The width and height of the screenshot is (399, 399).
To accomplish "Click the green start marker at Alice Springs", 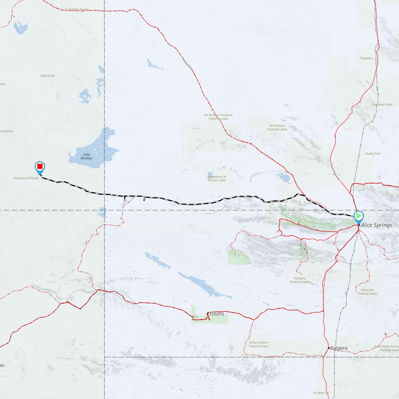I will (x=359, y=216).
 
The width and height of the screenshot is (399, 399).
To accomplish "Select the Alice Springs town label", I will (x=376, y=225).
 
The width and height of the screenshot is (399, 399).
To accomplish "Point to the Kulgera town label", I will (x=339, y=348).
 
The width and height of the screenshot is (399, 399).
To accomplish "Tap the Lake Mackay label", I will (x=86, y=156).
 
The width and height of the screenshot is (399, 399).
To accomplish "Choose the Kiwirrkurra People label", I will (x=26, y=178).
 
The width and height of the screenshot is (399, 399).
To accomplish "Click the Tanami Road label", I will (x=187, y=63).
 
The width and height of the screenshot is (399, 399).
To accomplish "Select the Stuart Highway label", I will (x=335, y=171).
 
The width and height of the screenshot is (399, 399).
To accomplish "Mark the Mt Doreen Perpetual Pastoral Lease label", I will (x=218, y=117).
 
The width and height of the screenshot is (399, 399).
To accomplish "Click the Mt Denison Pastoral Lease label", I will (x=277, y=127).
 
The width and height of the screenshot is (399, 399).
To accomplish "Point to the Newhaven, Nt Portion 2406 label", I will (x=217, y=179).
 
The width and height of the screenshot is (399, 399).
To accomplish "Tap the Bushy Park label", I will (x=373, y=154).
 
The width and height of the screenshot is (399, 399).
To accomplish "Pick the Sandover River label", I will (x=382, y=104).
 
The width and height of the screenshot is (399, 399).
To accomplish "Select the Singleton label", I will (x=366, y=58).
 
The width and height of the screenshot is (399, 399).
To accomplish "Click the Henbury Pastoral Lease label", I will (x=300, y=280).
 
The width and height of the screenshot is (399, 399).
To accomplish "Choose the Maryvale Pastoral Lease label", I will (x=367, y=292).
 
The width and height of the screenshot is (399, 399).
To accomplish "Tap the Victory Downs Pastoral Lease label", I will (x=259, y=344).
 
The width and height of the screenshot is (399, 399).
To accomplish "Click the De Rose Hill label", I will (x=321, y=393).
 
